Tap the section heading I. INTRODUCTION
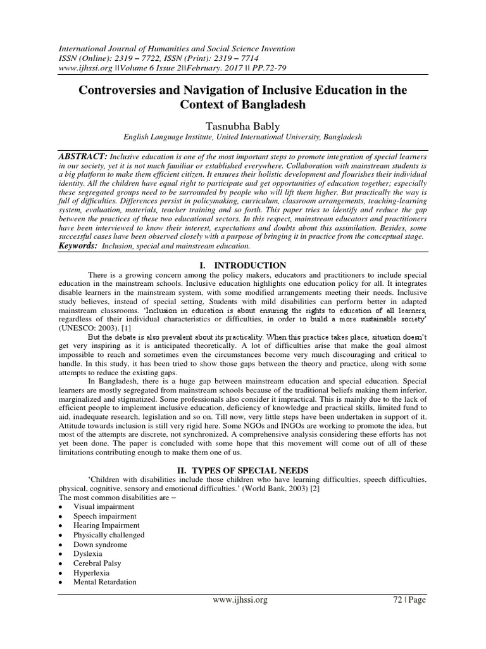tap(242, 266)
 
